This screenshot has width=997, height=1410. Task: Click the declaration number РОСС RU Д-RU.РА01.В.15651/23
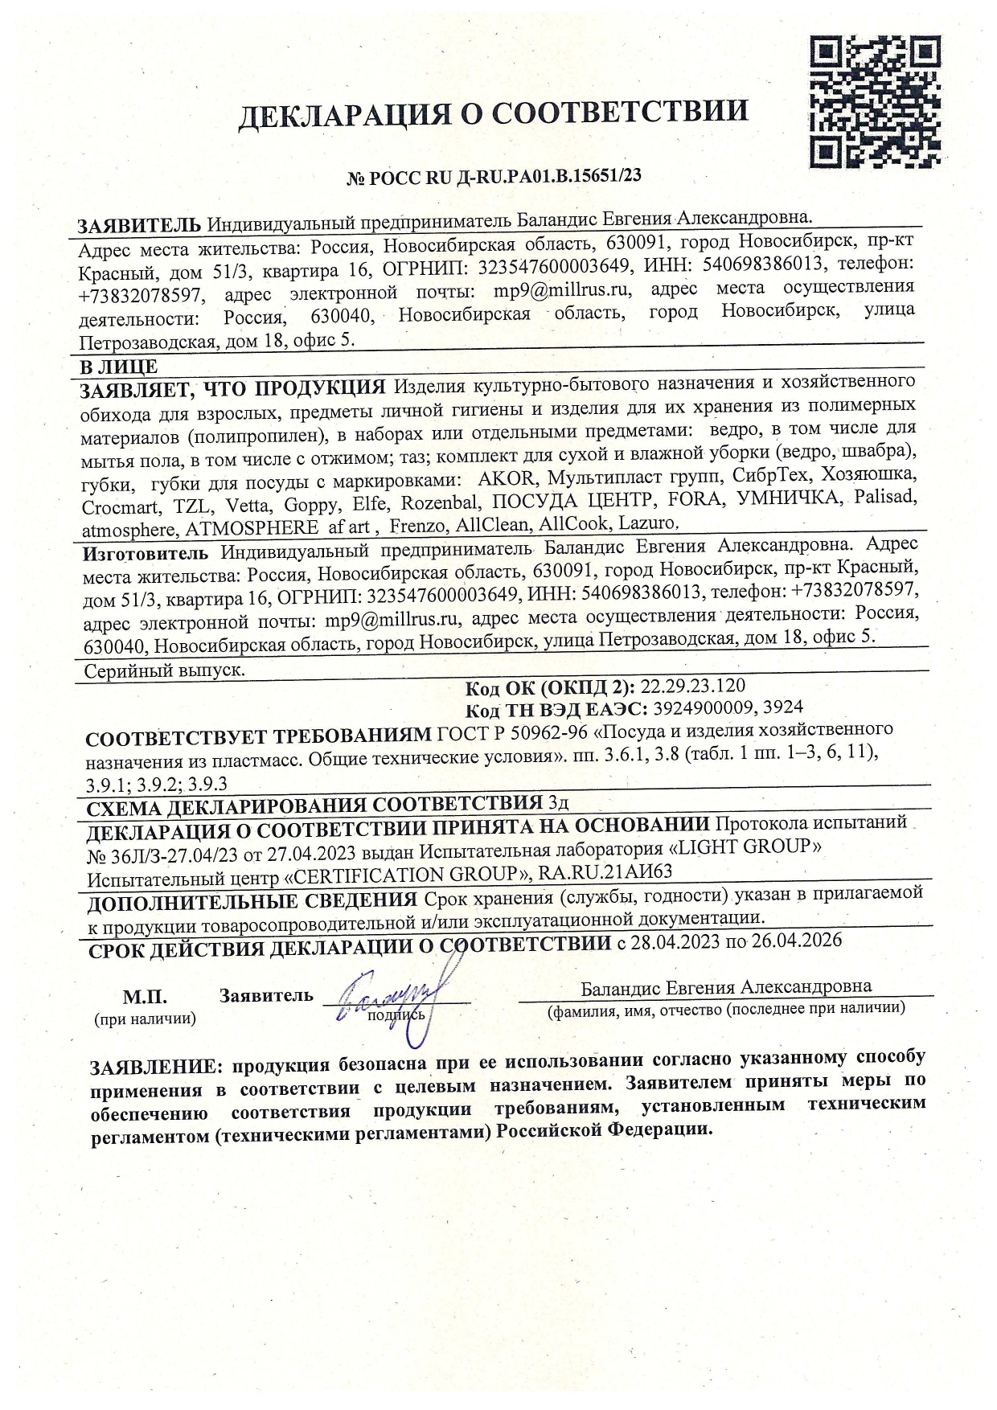(x=494, y=176)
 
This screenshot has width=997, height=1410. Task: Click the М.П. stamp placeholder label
(x=145, y=998)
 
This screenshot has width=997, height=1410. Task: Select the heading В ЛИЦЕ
(x=117, y=367)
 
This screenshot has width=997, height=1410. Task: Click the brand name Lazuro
(x=650, y=524)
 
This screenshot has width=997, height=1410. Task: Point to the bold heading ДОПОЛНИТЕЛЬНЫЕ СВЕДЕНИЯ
(x=252, y=902)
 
